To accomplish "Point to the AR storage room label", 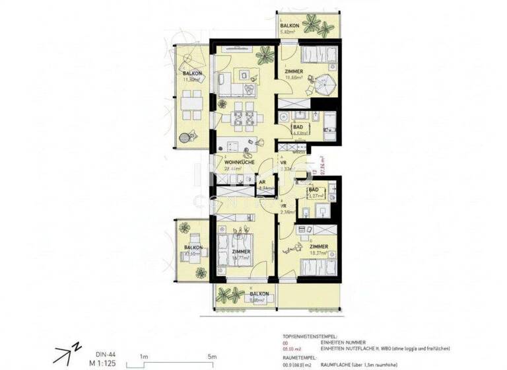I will [263, 185].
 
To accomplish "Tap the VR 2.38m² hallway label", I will [284, 209].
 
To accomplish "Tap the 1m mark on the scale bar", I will [143, 356].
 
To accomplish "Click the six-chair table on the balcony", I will [191, 104].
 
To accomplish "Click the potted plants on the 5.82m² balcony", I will [324, 28].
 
